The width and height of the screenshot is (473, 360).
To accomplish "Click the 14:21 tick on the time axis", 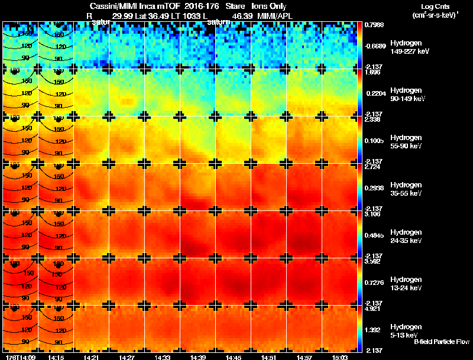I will coord(91,357).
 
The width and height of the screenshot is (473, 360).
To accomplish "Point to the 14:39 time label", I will coord(197,357).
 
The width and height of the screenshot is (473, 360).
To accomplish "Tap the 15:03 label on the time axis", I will coord(339,357).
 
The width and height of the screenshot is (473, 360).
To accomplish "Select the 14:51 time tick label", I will coord(268,357).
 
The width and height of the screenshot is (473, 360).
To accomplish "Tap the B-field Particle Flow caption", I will coord(441,342).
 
